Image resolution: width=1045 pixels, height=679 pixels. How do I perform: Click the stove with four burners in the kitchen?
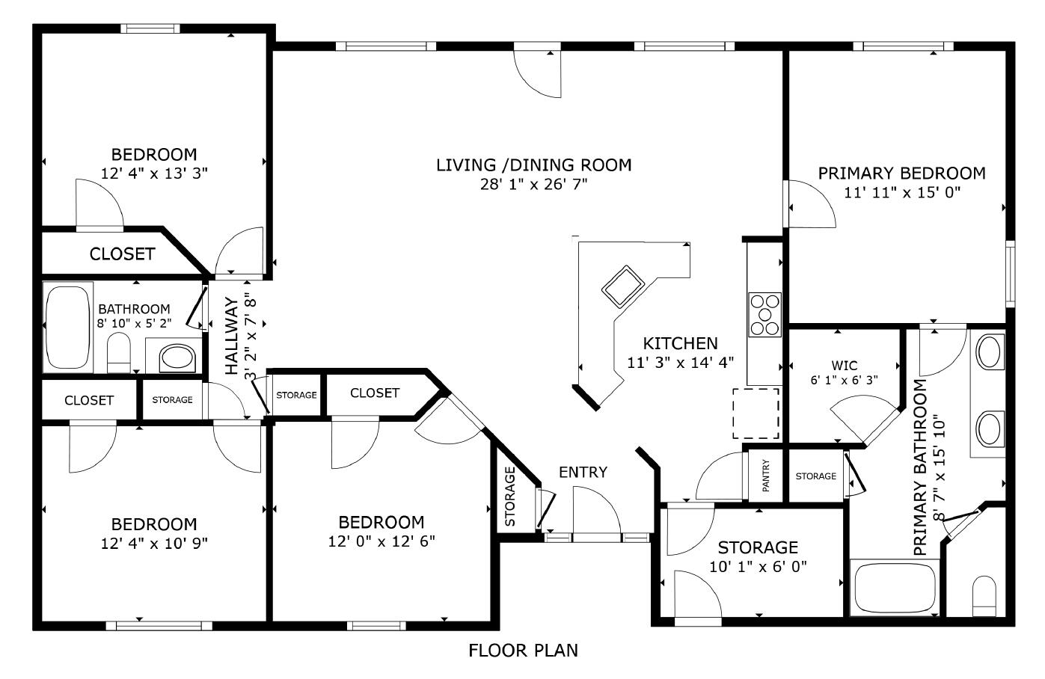[x=764, y=315]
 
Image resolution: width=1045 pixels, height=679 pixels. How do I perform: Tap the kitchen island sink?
[x=622, y=286]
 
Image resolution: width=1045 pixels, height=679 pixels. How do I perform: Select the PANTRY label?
[x=766, y=475]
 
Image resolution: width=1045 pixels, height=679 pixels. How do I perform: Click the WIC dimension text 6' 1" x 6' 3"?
[x=845, y=380]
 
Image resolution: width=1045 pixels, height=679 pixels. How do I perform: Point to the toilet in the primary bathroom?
[x=984, y=595]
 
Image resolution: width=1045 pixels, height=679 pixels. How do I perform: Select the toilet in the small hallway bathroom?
[x=119, y=352]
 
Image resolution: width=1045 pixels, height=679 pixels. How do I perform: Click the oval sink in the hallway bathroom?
[x=177, y=357]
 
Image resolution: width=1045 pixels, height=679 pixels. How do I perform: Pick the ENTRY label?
[x=583, y=472]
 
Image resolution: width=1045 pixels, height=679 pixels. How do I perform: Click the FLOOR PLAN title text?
[x=523, y=651]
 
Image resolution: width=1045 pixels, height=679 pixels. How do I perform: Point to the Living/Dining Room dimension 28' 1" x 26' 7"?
[x=533, y=184]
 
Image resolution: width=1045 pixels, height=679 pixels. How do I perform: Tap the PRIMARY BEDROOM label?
[x=901, y=173]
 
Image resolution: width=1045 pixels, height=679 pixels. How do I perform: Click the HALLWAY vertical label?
[x=232, y=336]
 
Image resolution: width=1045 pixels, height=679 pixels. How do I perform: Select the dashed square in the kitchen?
[x=756, y=414]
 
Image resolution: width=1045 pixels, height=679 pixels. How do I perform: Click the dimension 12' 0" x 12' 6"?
[x=381, y=541]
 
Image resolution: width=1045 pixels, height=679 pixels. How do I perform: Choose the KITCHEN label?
[x=680, y=343]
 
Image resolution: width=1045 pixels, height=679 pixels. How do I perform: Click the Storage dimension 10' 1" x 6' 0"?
[x=758, y=566]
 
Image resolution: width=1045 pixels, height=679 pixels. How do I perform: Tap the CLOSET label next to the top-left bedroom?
[x=122, y=254]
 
